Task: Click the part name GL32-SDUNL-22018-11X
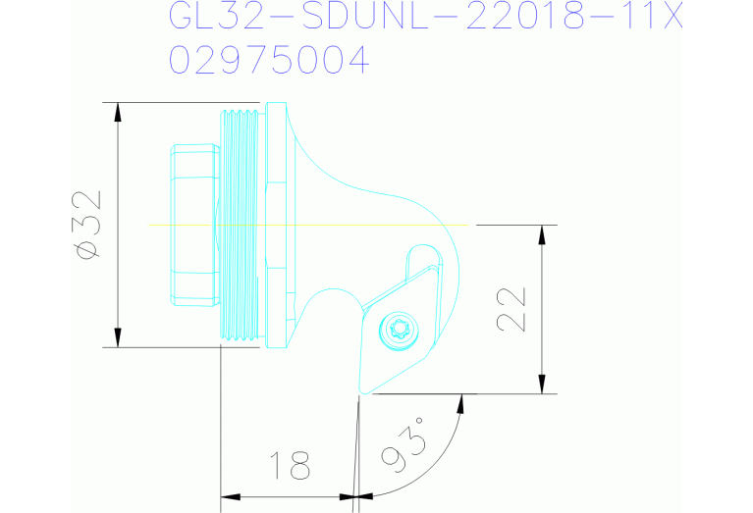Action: click(425, 17)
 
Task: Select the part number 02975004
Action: click(269, 61)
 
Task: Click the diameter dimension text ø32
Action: click(88, 225)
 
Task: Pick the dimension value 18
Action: click(290, 465)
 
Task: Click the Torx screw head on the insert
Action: click(400, 330)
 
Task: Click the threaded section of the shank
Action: click(242, 225)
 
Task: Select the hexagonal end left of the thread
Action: click(192, 225)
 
